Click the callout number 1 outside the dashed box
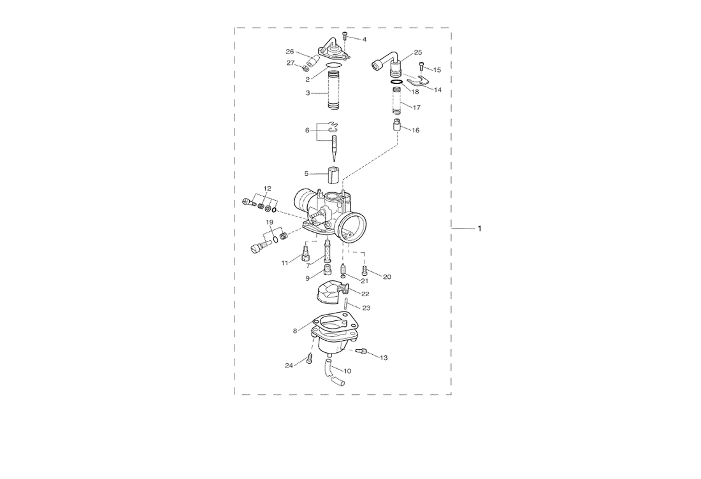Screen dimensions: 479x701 (x=480, y=228)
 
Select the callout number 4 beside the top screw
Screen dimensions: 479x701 (x=365, y=39)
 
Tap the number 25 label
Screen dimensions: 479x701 (x=418, y=52)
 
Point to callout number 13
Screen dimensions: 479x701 (x=384, y=358)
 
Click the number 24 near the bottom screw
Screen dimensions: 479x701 (x=289, y=365)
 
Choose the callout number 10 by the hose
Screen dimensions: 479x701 (x=347, y=371)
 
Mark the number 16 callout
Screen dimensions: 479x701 (x=416, y=130)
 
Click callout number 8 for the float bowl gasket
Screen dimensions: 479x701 (x=295, y=331)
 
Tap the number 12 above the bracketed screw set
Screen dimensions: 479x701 (x=267, y=188)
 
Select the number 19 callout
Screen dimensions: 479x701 (x=270, y=222)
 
